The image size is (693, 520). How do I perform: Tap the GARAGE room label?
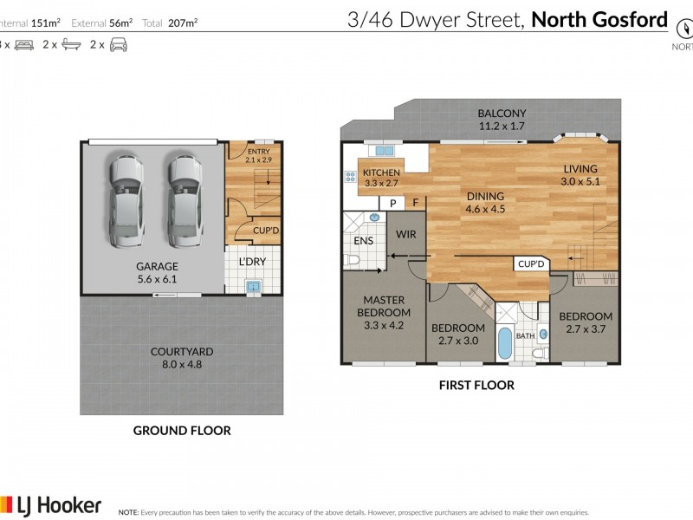pos(157,266)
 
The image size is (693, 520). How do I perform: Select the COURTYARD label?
pos(182,352)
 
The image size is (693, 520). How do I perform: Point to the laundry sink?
pos(253,284)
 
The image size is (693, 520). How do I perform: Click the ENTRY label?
pos(259,152)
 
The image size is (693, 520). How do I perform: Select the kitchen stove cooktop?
pos(352,178)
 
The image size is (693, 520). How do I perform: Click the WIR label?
pos(407,234)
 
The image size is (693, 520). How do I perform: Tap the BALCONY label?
pos(502,114)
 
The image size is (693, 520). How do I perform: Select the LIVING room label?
pos(580,169)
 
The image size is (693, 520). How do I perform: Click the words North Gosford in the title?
pos(599,19)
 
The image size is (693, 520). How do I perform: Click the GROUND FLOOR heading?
pos(181,430)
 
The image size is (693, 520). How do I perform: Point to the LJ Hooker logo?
pos(52,505)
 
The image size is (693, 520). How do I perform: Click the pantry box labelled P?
pos(392,204)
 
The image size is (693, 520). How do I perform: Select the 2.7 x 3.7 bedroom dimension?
pos(585,329)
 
